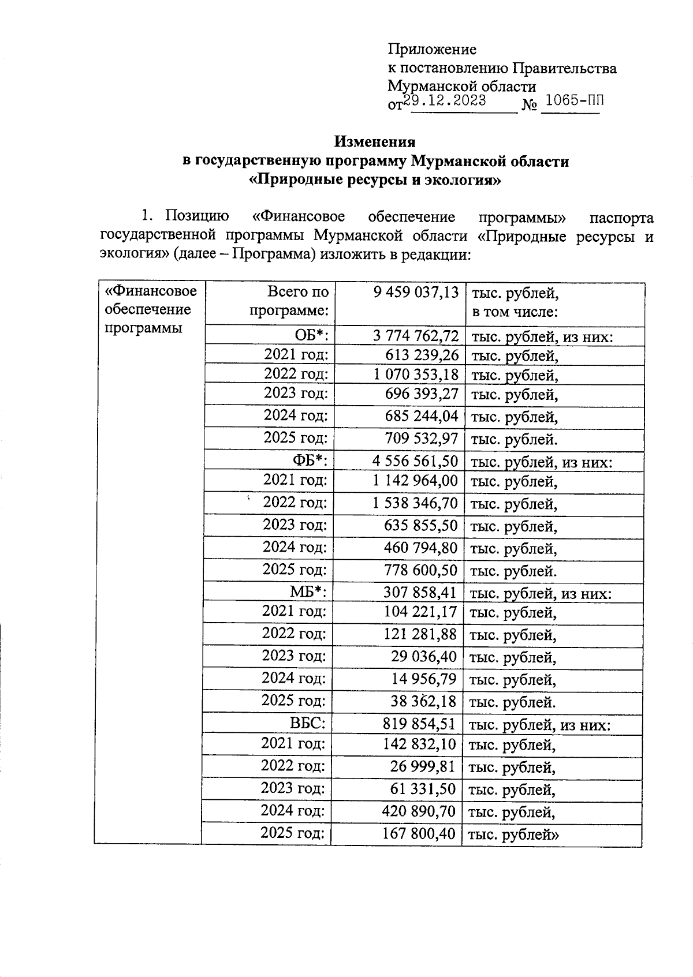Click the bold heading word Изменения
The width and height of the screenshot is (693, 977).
[x=375, y=141]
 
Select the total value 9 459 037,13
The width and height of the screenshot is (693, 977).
[x=416, y=293]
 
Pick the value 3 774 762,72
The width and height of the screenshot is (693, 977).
[x=416, y=336]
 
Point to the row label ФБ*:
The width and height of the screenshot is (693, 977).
[x=311, y=461]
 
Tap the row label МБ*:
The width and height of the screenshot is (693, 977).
[x=308, y=592]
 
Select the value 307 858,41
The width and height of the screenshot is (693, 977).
[x=420, y=592]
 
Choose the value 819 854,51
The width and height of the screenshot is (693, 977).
[x=419, y=723]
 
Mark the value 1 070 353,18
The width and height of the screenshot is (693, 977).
[x=416, y=375]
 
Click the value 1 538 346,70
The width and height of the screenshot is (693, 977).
[x=415, y=503]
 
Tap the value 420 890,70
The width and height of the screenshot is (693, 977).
[x=419, y=811]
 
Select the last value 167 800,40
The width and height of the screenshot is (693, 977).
[x=419, y=833]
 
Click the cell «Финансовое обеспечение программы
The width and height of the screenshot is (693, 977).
[x=150, y=309]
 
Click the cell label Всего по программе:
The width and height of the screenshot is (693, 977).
[x=289, y=301]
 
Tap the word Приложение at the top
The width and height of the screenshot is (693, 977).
[x=432, y=50]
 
